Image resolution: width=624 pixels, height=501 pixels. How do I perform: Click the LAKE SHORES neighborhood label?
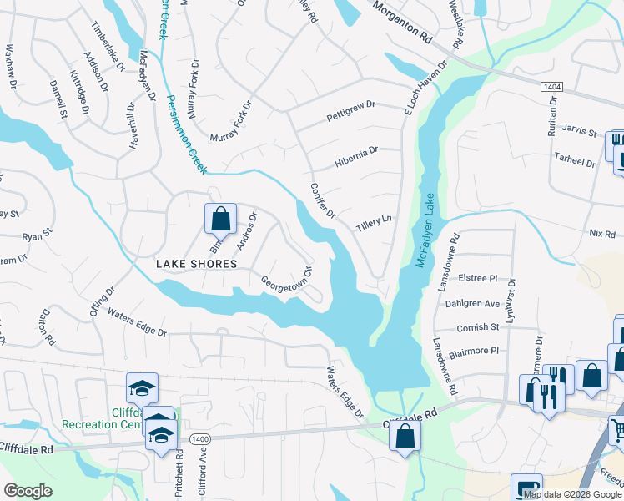click(x=197, y=263)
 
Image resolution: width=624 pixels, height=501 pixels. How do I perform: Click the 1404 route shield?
click(x=550, y=86)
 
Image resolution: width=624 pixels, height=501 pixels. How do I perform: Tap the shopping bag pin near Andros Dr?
click(x=220, y=220)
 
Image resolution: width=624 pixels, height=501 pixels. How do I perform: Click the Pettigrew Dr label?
click(x=351, y=109)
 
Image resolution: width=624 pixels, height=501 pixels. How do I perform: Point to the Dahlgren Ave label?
click(x=471, y=303)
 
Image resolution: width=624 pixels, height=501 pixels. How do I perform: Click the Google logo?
click(x=28, y=491)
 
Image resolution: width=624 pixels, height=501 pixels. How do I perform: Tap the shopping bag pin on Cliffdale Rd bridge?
click(x=405, y=436)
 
